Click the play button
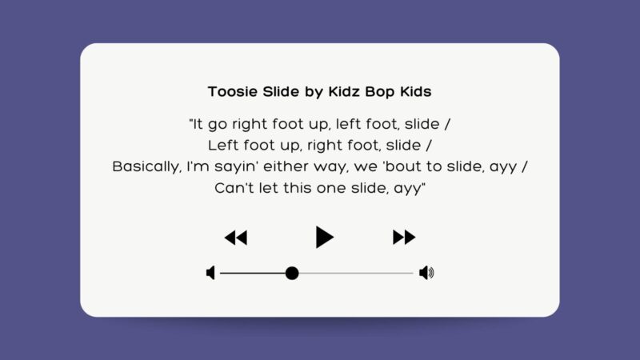pos(323,237)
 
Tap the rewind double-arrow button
pos(235,238)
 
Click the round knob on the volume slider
pos(292,274)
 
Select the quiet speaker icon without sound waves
pos(210,274)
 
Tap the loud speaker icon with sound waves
pos(426,274)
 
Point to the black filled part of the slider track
pos(252,274)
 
